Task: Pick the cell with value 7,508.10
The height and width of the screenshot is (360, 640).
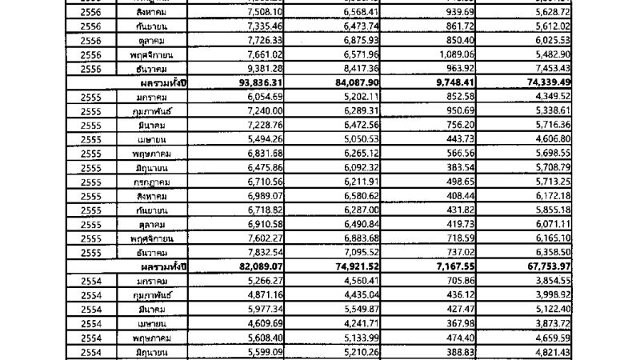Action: (x=253, y=12)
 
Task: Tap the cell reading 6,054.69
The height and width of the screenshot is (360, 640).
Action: (x=253, y=96)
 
